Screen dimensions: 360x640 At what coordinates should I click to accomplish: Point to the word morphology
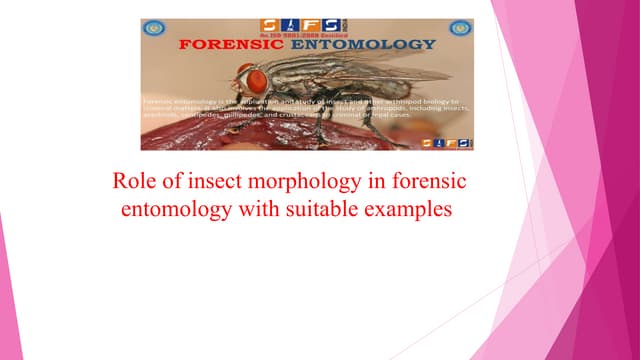click(x=307, y=184)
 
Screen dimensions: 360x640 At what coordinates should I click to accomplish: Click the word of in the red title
click(x=172, y=183)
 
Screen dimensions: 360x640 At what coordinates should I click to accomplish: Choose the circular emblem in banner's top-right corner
click(x=461, y=29)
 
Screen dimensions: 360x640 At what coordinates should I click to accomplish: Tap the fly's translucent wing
click(x=380, y=72)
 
